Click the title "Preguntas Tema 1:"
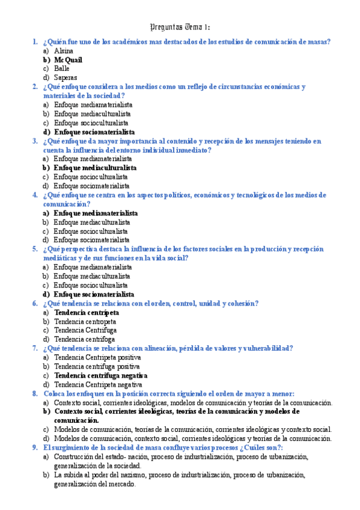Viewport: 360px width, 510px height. (179, 27)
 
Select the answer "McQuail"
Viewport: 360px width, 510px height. (68, 60)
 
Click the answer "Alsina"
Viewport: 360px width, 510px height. (64, 51)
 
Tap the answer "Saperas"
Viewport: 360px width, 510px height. (66, 78)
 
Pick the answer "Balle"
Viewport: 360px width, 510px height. (62, 69)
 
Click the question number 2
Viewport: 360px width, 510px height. (35, 87)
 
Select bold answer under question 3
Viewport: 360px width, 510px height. (95, 168)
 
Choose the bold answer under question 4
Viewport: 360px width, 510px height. (96, 213)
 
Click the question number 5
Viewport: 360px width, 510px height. (35, 249)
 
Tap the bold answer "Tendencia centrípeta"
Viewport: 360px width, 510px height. (87, 313)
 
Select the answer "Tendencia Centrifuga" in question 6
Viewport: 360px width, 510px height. (85, 330)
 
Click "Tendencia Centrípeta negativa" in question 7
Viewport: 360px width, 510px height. (98, 384)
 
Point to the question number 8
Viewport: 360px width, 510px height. (35, 393)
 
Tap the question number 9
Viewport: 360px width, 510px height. (35, 447)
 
